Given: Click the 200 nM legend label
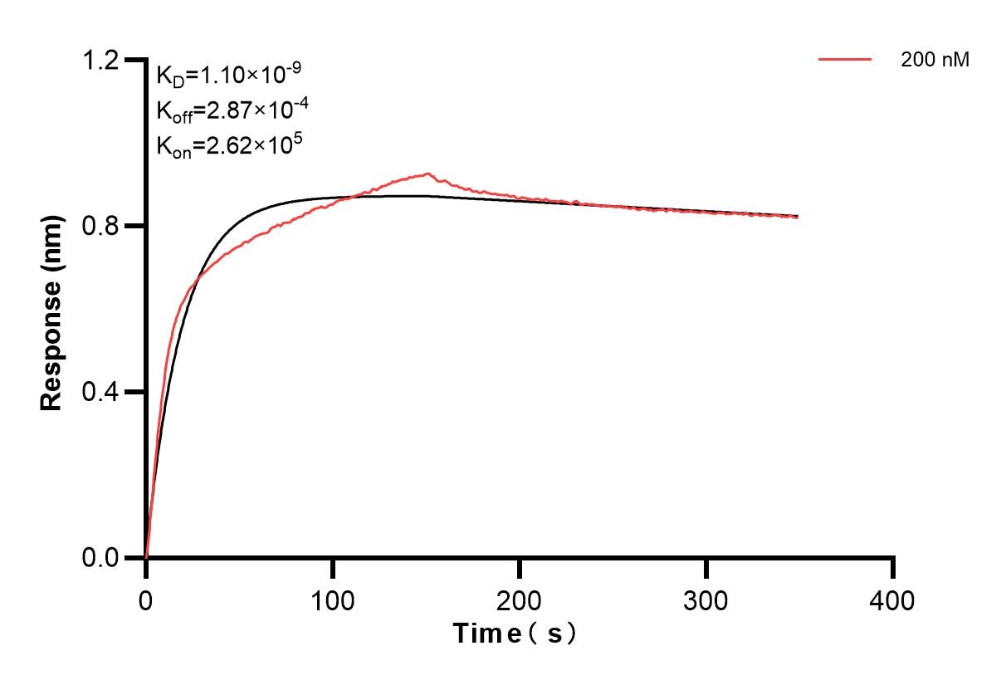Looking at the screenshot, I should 935,60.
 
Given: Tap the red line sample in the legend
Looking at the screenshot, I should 845,60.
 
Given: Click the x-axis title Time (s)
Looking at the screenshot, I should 515,634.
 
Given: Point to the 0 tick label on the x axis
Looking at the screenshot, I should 146,599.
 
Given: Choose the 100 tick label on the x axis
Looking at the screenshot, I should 333,599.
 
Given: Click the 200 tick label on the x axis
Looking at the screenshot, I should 520,599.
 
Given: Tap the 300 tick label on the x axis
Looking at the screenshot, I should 706,599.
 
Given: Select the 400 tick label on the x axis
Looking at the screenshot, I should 893,599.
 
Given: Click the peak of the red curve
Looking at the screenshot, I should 427,174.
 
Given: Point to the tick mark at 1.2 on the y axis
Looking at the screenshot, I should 134,60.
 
